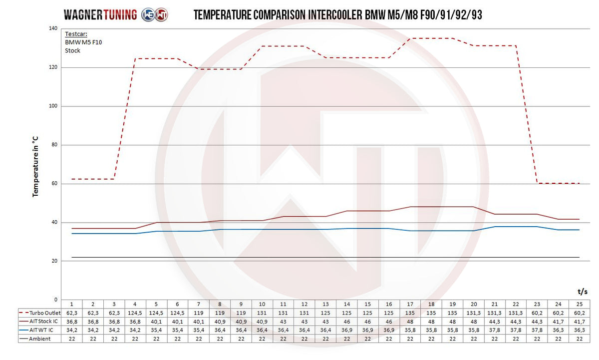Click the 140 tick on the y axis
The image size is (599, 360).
52,29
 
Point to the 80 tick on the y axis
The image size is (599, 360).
54,145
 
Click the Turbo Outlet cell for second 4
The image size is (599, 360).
135,312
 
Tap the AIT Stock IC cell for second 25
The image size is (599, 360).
579,321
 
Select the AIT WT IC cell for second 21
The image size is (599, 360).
495,330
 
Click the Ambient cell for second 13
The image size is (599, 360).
325,339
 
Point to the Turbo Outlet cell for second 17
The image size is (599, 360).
410,312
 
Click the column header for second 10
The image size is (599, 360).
262,304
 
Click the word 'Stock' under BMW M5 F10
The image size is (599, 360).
73,50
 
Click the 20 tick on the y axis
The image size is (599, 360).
54,261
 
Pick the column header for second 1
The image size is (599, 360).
72,304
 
